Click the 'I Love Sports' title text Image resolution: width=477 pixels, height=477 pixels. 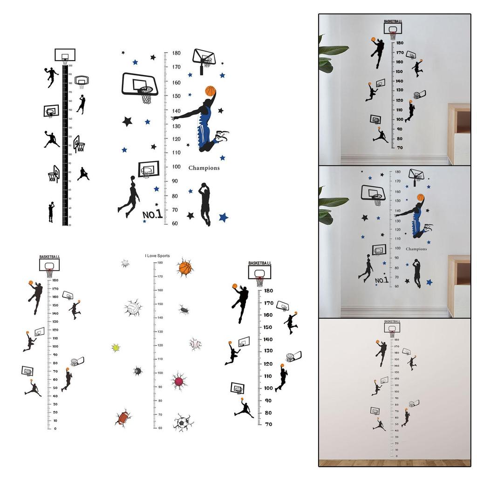point(157,256)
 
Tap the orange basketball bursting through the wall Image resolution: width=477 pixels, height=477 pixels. point(185,268)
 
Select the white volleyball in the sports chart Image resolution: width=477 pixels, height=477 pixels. point(132,308)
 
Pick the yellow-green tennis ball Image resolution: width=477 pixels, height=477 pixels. point(116,348)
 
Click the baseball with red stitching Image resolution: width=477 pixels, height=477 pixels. point(195,344)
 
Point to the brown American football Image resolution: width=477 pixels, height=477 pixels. point(123,418)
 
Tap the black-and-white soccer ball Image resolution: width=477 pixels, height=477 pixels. point(182,422)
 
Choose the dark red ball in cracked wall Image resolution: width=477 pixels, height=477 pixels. point(179,381)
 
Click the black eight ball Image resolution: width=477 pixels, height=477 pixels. point(138,371)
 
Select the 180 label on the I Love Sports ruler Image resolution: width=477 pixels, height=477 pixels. point(160,263)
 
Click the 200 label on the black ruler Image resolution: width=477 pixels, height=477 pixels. point(70,66)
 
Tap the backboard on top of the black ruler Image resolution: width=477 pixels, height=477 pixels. point(65,55)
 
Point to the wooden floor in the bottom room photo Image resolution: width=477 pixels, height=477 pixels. point(394,463)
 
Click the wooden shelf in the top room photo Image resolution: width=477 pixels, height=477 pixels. point(459,135)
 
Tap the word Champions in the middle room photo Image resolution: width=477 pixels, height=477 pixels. point(416,249)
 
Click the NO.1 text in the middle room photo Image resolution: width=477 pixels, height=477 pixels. point(382,280)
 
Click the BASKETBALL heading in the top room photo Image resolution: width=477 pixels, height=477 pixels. point(394,21)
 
